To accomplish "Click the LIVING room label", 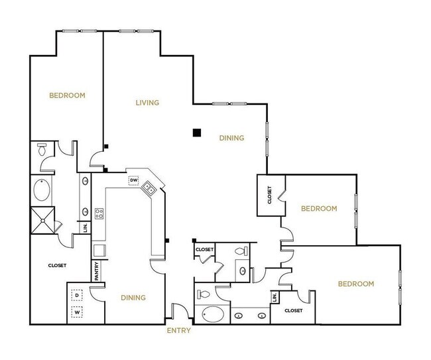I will [x=148, y=103].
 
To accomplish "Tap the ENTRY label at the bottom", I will [x=178, y=330].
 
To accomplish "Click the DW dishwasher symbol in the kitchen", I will [x=133, y=180].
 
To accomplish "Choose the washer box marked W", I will [x=77, y=311].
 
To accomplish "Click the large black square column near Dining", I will [x=196, y=133].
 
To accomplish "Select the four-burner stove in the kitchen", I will [x=99, y=213].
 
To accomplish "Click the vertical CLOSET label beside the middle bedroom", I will [x=270, y=196].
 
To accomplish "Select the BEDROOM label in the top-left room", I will [x=68, y=95].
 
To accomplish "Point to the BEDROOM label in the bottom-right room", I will [x=356, y=284].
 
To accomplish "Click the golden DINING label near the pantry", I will [x=133, y=298].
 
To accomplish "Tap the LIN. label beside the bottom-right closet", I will [x=274, y=298].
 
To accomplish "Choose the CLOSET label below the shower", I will [x=57, y=265].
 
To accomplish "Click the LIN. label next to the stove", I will [x=86, y=227].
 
